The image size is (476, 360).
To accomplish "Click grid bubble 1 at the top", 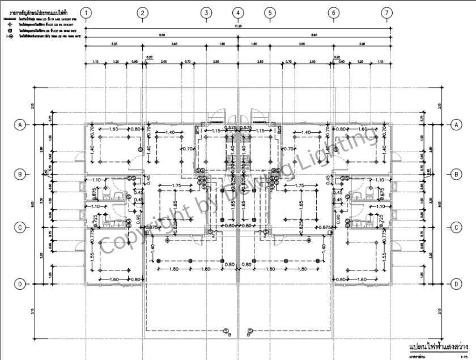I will click(86, 12).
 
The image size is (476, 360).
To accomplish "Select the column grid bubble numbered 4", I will click(238, 12).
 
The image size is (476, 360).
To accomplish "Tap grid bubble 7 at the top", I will click(387, 12).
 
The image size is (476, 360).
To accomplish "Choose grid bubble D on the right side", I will click(455, 283).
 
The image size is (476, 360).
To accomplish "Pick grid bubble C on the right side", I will click(455, 227).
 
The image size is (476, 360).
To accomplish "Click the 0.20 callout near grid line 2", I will click(149, 57).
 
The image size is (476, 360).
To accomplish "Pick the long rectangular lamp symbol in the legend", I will click(10, 19).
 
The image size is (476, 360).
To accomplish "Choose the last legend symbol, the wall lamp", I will click(10, 36).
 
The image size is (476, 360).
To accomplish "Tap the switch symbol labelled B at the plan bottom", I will click(226, 331).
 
